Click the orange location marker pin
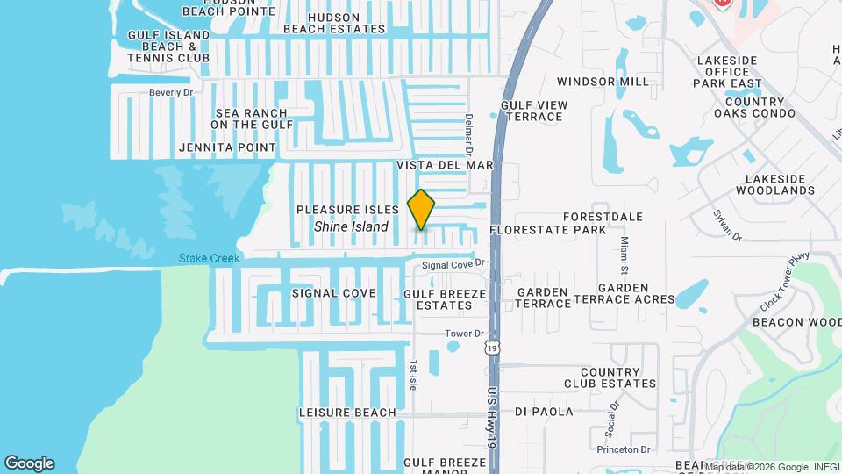tap(422, 209)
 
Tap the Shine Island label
tap(351, 226)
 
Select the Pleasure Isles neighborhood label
tap(347, 210)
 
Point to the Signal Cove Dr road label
tap(453, 264)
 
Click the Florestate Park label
tap(547, 230)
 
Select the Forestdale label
tap(603, 217)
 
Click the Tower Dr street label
tap(464, 334)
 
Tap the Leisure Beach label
tap(348, 413)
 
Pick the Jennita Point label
tap(227, 147)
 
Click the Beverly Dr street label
tap(170, 92)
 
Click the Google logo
tap(29, 463)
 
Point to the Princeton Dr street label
tap(624, 449)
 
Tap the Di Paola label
tap(544, 412)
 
